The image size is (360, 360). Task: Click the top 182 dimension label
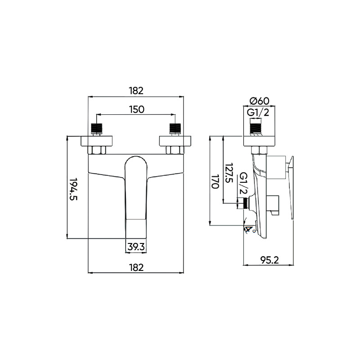click(x=136, y=91)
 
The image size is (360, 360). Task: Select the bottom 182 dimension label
click(x=136, y=267)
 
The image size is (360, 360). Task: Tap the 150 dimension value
click(x=136, y=109)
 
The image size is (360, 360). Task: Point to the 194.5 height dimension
click(x=73, y=189)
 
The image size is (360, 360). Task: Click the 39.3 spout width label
click(x=136, y=247)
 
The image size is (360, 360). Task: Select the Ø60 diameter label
click(x=259, y=101)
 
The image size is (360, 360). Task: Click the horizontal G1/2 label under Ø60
click(x=257, y=113)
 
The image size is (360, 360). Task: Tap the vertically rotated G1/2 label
click(x=244, y=184)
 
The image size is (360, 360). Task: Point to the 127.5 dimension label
click(x=229, y=173)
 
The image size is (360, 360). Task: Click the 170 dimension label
click(x=215, y=181)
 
